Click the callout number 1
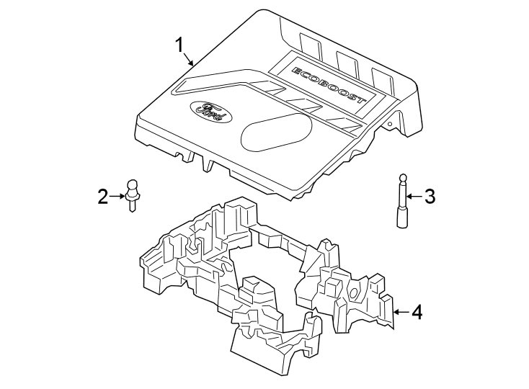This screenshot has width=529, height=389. coord(179,45)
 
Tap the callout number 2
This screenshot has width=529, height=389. coord(103,195)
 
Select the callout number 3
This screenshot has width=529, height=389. coord(430,195)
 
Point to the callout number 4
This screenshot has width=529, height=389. coord(417,312)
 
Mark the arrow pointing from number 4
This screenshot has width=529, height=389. coord(401,312)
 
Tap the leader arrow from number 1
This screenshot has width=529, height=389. coord(190,61)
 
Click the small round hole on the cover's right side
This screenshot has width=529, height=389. coord(390,126)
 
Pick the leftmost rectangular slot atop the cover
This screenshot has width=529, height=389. coord(311,50)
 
